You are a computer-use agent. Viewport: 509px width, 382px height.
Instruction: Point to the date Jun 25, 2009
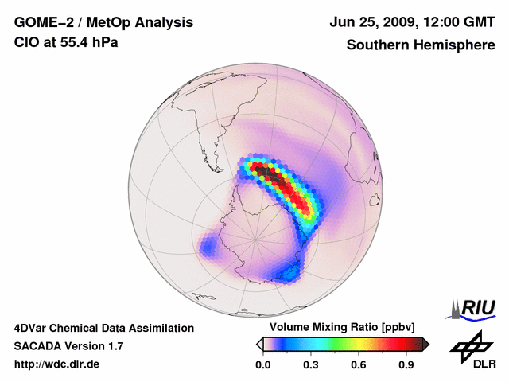click(367, 22)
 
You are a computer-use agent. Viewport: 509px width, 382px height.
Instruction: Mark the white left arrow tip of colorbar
click(258, 344)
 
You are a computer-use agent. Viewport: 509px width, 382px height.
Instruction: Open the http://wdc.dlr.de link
click(57, 364)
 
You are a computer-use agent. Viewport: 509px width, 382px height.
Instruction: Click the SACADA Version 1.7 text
click(68, 346)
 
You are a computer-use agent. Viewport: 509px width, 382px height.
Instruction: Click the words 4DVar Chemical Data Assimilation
click(103, 328)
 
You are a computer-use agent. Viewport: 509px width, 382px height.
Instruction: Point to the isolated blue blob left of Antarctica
click(209, 247)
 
